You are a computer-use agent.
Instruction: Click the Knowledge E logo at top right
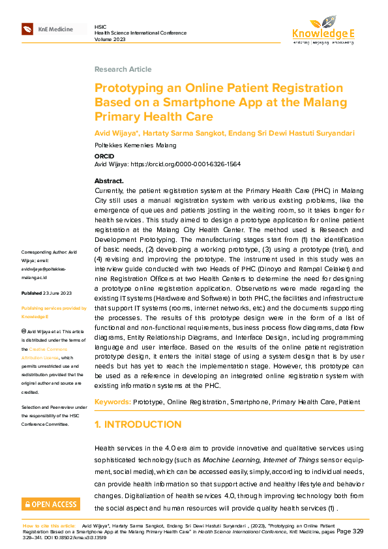tap(323, 30)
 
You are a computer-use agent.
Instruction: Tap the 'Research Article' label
tap(123, 69)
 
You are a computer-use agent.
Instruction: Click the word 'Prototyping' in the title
tap(129, 88)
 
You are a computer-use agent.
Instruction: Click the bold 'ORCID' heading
tap(104, 158)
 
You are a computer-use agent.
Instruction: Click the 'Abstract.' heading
tap(109, 181)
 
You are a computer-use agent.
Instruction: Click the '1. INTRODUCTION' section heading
tap(138, 424)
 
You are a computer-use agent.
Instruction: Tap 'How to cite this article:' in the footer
tap(50, 525)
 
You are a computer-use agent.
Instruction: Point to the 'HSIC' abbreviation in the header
tap(100, 25)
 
